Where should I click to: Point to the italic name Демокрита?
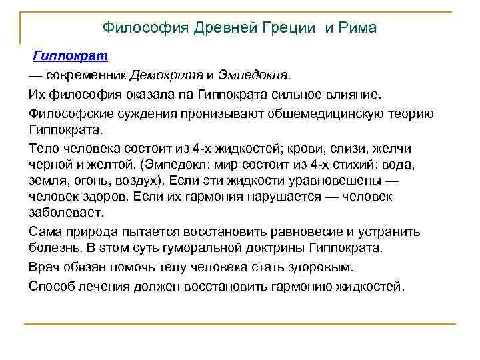(165, 73)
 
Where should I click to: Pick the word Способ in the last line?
(51, 287)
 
